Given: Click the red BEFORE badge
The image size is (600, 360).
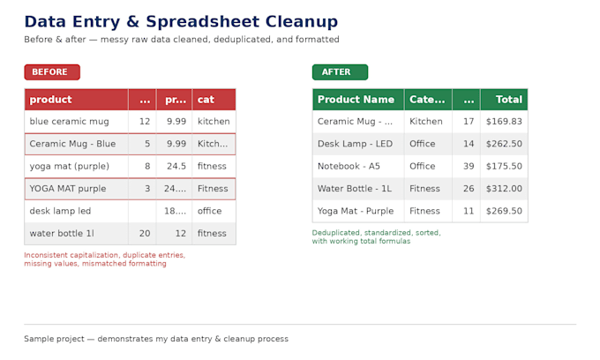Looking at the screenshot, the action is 52,72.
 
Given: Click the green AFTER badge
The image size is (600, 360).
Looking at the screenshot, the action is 340,72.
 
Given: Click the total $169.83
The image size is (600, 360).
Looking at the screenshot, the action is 504,122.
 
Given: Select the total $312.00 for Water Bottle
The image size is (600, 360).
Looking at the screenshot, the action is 504,189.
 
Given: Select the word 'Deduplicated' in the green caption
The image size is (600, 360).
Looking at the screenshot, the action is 336,233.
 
